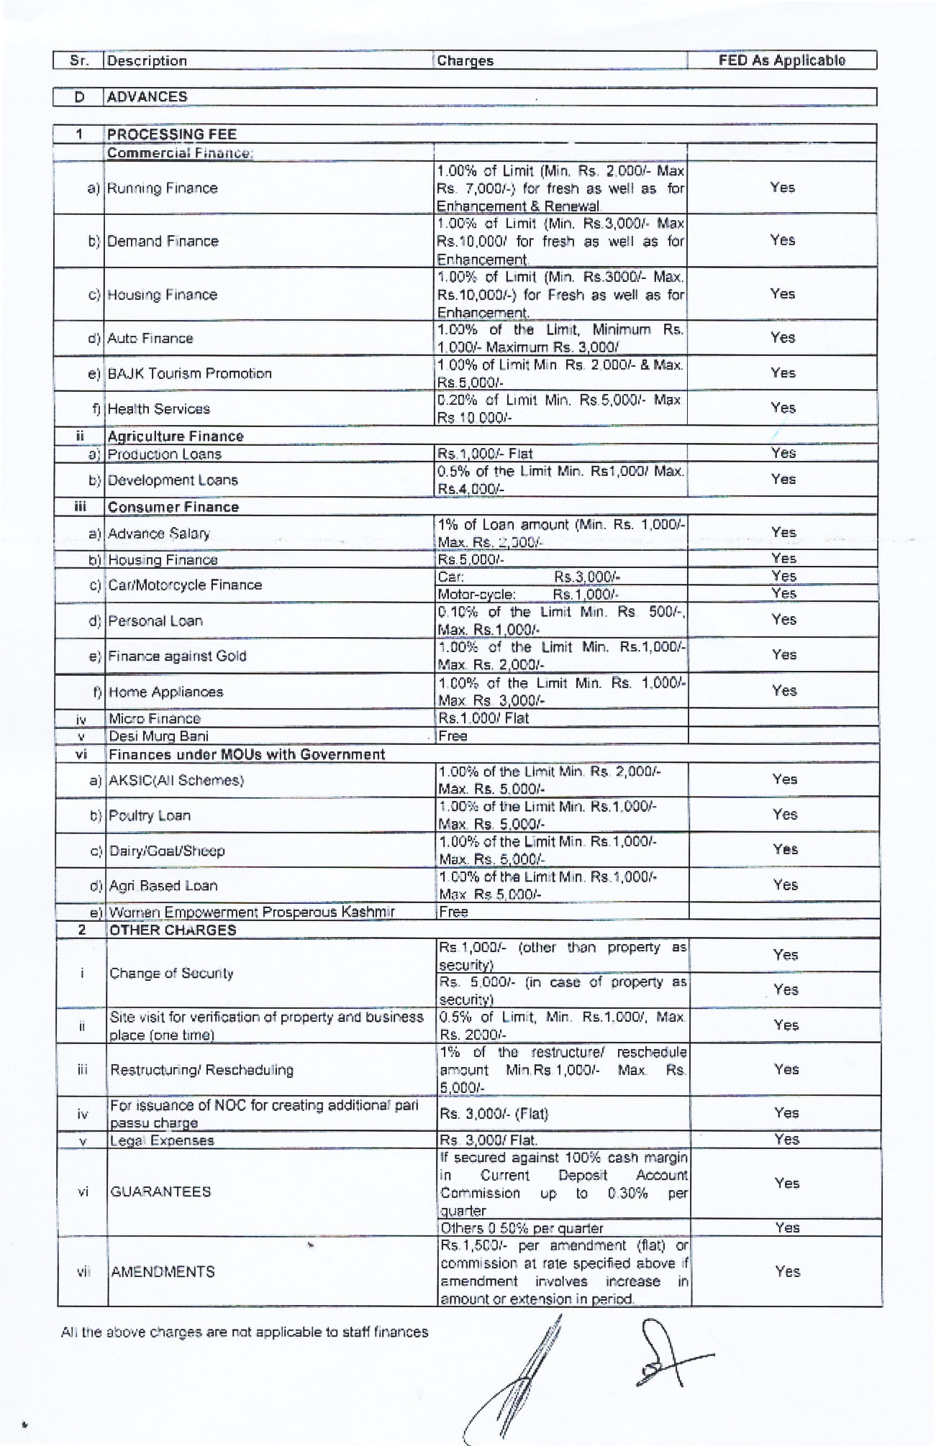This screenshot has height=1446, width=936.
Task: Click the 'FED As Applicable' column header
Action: pos(781,60)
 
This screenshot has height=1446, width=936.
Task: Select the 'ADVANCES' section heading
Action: pos(147,97)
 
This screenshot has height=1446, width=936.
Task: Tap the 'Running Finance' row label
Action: pos(162,188)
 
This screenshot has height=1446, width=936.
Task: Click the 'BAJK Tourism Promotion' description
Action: pos(189,373)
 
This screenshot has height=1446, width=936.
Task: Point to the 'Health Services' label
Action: pos(158,409)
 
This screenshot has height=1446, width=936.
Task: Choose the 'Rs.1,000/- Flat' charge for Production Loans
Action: pos(484,454)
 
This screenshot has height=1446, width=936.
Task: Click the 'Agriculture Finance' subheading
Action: pos(176,436)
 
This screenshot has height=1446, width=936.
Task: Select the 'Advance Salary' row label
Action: pos(158,534)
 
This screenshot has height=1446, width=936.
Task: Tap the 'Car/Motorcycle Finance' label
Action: pos(184,585)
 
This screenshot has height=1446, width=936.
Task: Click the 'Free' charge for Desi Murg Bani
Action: pos(453,736)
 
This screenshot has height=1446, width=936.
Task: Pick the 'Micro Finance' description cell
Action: pos(154,718)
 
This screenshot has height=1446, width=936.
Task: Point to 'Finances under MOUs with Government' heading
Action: pos(246,754)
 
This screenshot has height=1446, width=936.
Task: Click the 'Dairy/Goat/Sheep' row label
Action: pos(166,851)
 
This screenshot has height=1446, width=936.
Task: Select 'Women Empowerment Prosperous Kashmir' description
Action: pos(251,912)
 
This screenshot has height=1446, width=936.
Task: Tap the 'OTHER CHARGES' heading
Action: pos(172,930)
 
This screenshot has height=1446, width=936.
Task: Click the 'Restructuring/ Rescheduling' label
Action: pos(201,1070)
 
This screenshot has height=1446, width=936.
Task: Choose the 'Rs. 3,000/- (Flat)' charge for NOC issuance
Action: pos(494,1114)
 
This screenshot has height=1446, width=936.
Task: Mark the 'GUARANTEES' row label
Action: pos(160,1191)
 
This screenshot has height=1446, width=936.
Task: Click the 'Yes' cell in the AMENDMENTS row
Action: pos(787,1271)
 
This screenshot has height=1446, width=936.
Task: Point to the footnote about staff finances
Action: pos(245,1332)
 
